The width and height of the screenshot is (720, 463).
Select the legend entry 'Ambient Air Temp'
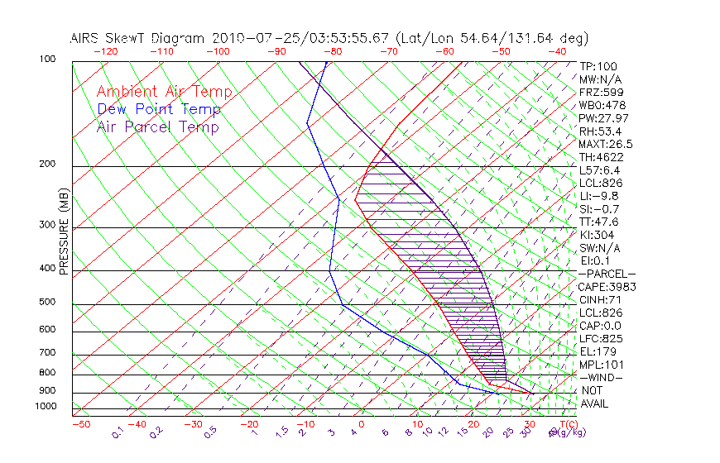[164, 92]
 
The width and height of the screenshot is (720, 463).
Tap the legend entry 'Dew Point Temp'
[159, 109]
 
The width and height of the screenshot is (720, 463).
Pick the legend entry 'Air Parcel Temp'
[158, 126]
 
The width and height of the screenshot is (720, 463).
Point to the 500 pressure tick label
[47, 303]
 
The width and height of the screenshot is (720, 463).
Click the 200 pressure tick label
[47, 165]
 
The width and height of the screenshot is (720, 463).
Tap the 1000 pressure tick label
[45, 407]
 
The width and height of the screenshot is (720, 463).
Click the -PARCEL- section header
[607, 274]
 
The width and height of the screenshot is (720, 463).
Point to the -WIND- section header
[601, 377]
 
